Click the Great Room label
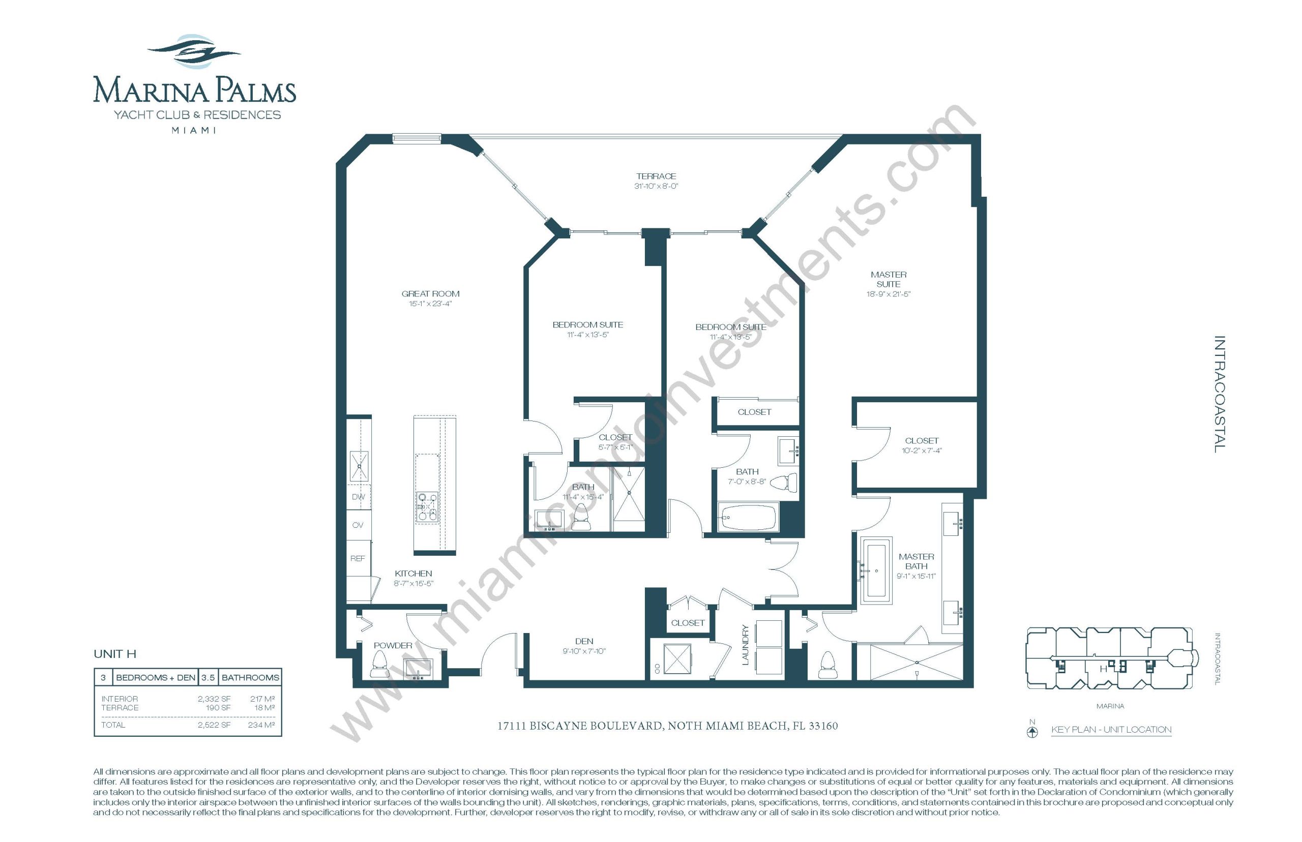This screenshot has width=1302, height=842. (x=430, y=293)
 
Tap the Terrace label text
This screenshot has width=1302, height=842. (x=656, y=176)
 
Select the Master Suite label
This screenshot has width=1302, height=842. (x=888, y=279)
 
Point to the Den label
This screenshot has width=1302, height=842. (x=584, y=641)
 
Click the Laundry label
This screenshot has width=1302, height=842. (x=744, y=645)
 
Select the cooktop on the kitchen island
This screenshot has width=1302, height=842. (x=427, y=507)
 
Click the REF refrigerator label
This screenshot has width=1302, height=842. (x=358, y=558)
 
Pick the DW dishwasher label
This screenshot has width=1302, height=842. (x=358, y=496)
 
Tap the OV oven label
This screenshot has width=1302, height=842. (x=358, y=525)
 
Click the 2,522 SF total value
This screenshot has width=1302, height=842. (x=214, y=725)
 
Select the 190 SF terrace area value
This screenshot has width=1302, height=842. (x=218, y=707)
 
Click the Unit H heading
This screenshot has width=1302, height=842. (x=115, y=654)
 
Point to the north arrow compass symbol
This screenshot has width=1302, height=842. (x=1032, y=731)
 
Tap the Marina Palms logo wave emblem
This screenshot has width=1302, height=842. (x=194, y=51)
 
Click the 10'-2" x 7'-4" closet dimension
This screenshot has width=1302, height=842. (x=922, y=450)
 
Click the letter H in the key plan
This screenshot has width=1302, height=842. (x=1103, y=669)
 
